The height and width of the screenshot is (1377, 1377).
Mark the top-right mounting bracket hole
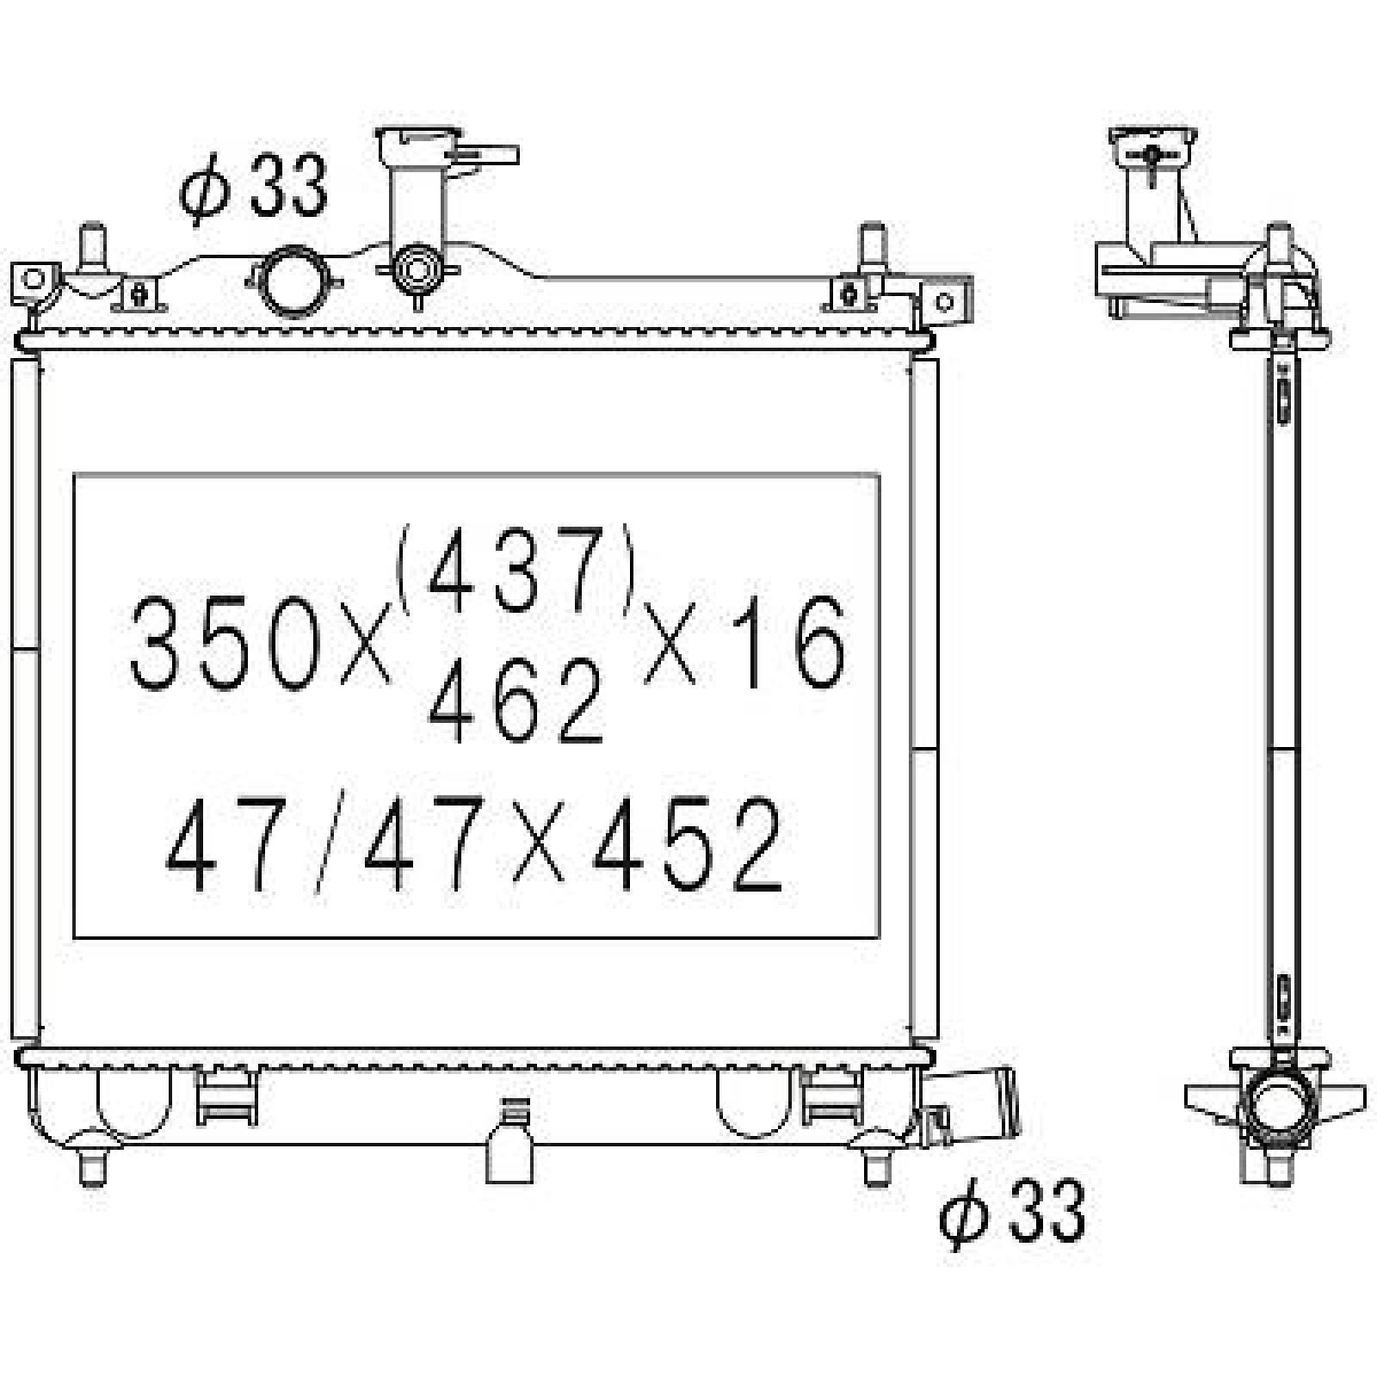945,300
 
